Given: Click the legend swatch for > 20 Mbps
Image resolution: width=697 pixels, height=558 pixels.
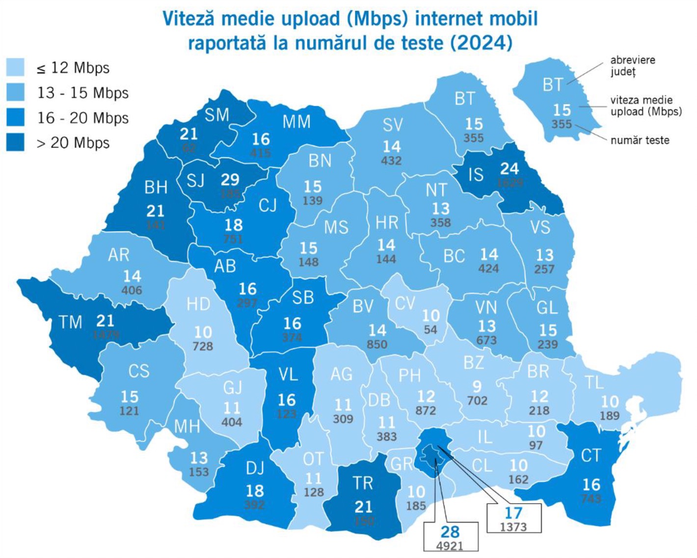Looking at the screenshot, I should [x=15, y=143].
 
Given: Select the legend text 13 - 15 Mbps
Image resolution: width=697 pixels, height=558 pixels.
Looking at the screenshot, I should [x=82, y=93].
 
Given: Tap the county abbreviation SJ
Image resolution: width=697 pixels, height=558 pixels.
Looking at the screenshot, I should [x=195, y=181].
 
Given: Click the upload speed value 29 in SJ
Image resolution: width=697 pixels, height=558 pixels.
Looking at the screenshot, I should [x=230, y=180].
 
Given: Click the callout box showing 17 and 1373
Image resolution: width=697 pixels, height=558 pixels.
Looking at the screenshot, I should [x=513, y=518].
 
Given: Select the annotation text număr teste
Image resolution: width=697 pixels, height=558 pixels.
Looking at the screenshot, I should [x=640, y=140].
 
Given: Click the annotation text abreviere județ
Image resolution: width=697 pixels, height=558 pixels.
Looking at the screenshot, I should [x=632, y=66].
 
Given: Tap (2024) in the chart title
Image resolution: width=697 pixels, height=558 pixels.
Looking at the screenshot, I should [x=481, y=43].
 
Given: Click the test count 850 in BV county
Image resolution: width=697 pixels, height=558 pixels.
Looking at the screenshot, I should [x=377, y=344].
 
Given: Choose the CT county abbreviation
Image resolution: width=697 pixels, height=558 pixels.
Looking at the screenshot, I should [x=590, y=456].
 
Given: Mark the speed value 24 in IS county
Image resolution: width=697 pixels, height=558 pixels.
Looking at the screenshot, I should [x=509, y=168].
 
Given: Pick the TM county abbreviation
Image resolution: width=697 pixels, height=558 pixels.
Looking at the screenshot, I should [x=71, y=322].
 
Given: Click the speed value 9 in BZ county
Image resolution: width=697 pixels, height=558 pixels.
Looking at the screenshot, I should [x=477, y=386].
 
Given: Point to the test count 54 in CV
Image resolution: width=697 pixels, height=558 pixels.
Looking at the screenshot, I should [x=430, y=330].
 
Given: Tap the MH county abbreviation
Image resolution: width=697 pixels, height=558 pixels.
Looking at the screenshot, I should [x=187, y=426].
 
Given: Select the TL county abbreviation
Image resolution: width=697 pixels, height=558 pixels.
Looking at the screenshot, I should [x=594, y=382].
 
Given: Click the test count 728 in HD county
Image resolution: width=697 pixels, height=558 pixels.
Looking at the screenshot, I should [x=203, y=346].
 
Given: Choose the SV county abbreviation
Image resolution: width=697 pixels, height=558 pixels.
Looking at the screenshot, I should [x=392, y=125].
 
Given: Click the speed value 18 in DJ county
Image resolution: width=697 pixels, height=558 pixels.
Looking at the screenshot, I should [x=254, y=491].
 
